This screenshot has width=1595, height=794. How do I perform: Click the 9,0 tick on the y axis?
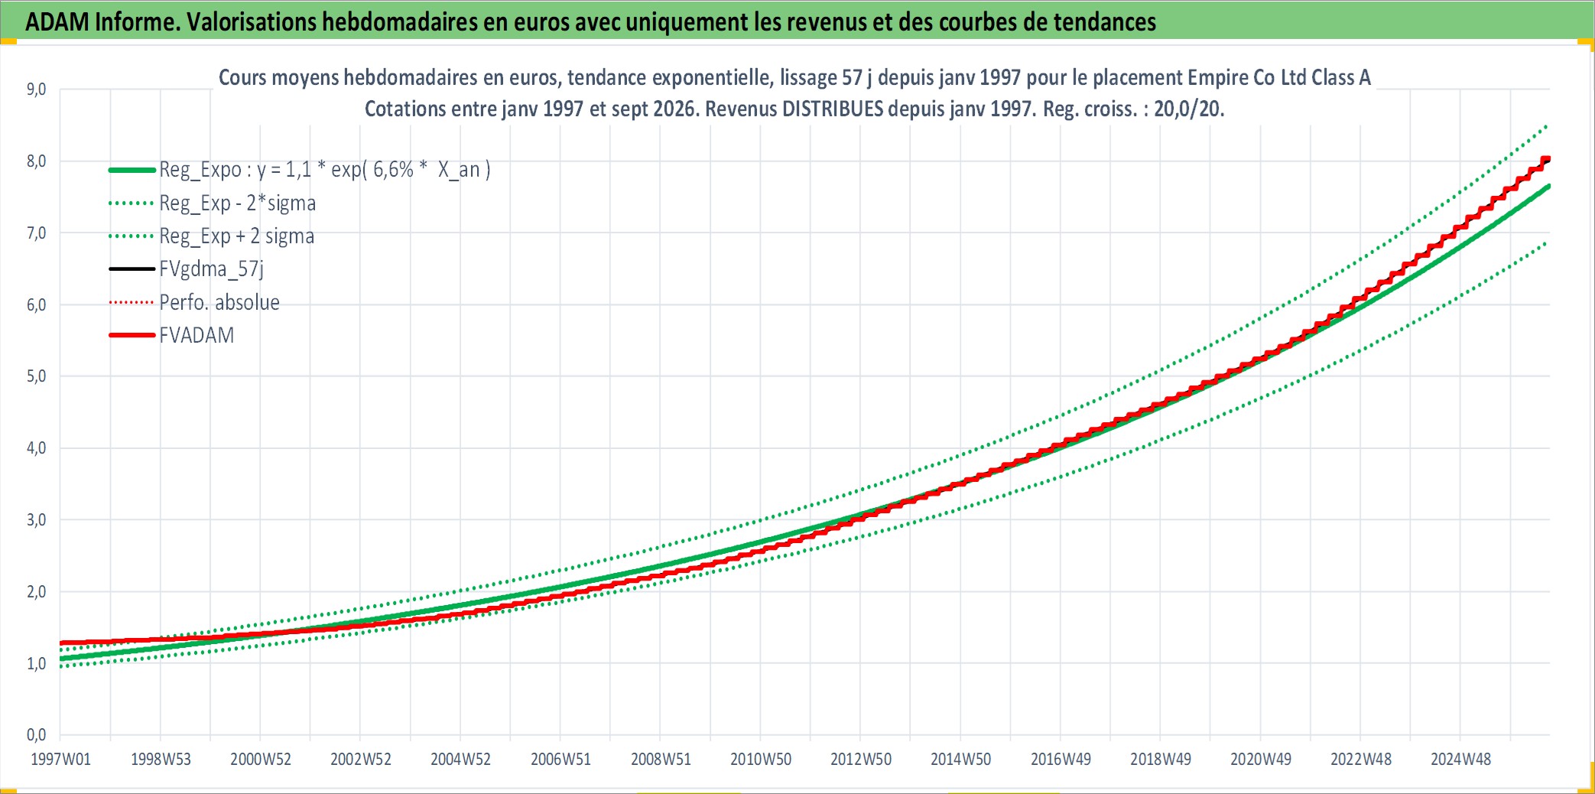pos(36,89)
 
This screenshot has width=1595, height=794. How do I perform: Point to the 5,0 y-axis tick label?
pos(36,376)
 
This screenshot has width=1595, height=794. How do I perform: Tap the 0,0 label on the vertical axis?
pos(36,734)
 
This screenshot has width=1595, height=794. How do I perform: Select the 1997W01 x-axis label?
pos(60,759)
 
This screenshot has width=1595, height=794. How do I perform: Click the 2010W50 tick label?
pos(761,759)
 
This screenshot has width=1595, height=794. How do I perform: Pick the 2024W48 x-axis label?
pos(1460,759)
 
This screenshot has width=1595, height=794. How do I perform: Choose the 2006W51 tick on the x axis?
pos(560,759)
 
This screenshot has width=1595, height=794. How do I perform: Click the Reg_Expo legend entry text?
pos(325,169)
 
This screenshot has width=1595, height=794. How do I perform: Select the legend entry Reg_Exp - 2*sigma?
pos(237,203)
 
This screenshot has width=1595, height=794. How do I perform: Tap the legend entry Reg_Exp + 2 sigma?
pos(236,236)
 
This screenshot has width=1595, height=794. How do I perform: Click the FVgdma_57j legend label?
pos(211,268)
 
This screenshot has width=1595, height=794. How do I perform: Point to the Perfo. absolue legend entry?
pos(219,302)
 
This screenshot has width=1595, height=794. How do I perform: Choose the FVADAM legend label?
pos(197,335)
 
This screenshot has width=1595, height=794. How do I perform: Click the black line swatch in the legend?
pos(132,268)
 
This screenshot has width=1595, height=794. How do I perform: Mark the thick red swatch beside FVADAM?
pos(132,335)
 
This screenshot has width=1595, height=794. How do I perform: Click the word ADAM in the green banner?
pos(57,21)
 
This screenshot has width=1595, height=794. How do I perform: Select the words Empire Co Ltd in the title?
pos(1246,77)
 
